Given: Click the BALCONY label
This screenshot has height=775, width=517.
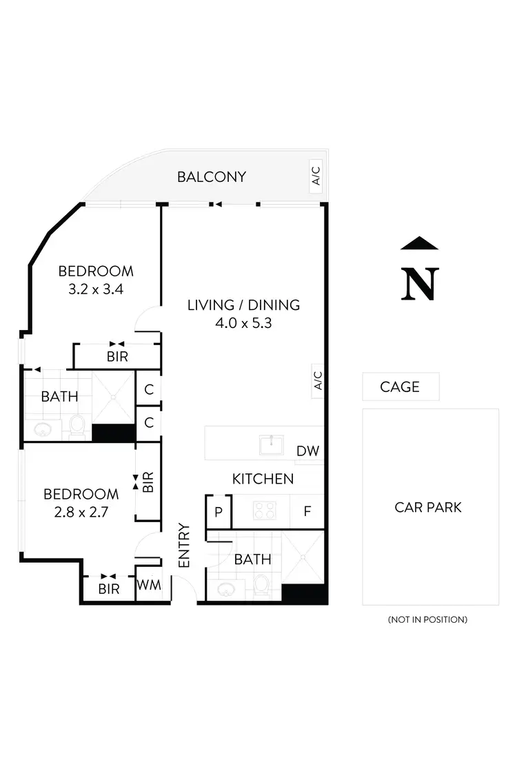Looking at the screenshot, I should [x=211, y=177].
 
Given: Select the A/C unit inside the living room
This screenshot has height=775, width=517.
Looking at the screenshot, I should [x=318, y=380].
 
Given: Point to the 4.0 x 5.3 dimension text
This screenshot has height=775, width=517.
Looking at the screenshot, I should [x=243, y=322].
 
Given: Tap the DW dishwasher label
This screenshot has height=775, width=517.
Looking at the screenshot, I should [x=307, y=451].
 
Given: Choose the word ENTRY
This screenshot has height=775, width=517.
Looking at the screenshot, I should [x=184, y=546].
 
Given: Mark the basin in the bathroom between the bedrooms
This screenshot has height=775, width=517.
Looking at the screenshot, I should [x=43, y=430].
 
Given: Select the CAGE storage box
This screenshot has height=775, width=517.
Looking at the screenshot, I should [x=401, y=386].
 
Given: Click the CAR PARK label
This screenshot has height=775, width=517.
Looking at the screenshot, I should [x=428, y=508].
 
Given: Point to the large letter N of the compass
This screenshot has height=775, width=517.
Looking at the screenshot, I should [x=419, y=283].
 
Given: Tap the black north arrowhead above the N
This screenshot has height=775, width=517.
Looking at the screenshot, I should [x=419, y=242].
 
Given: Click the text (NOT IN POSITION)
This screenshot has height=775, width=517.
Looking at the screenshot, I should [x=427, y=619].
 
